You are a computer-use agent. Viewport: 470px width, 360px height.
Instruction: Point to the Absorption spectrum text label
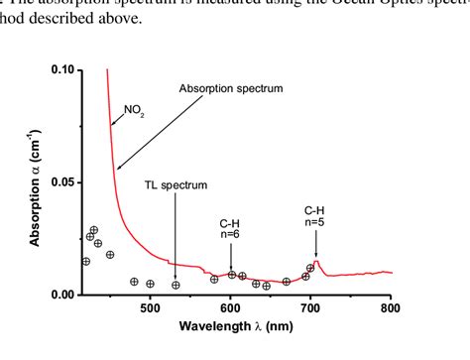(231, 88)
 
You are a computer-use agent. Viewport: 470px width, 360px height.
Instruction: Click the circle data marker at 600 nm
(231, 275)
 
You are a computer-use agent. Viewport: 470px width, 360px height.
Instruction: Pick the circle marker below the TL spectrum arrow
(176, 286)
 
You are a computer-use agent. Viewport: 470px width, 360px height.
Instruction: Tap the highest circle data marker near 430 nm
(94, 230)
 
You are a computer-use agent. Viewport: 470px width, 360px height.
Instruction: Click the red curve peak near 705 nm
(315, 261)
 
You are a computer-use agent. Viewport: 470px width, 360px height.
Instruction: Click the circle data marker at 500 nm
(151, 284)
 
